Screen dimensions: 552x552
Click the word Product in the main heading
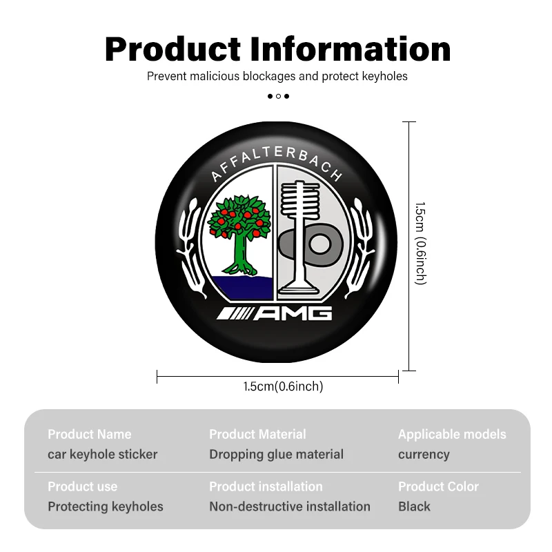point(172,49)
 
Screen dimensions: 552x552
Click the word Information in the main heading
point(351,49)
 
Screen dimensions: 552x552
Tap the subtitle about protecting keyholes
point(277,76)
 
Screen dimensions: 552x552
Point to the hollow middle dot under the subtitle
point(278,96)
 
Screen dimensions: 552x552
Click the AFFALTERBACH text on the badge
point(277,163)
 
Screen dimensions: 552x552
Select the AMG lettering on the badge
point(274,313)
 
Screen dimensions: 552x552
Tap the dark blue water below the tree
point(243,288)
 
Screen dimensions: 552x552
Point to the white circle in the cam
point(320,244)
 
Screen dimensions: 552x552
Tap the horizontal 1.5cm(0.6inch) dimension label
point(283,386)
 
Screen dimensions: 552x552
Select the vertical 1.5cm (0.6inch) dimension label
point(421,244)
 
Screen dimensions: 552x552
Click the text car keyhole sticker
point(102,455)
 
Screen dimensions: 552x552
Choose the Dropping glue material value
point(277,455)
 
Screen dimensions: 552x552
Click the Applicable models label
point(452,435)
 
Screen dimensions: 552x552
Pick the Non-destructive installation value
point(290,506)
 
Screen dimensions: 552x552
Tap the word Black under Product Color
point(414,506)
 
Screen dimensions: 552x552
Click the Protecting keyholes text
point(106,507)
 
